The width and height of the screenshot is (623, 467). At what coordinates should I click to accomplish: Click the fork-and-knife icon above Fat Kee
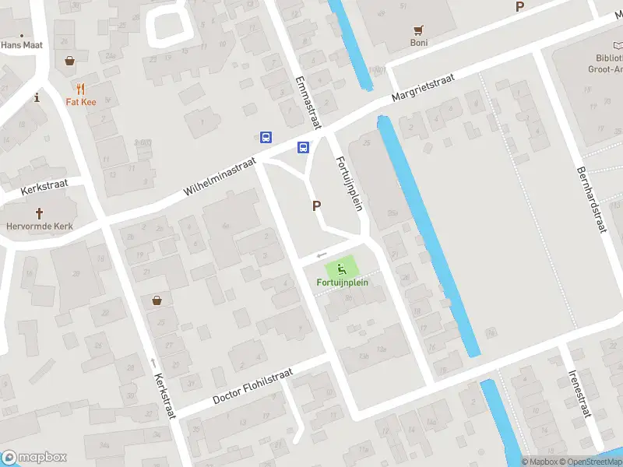tap(80, 88)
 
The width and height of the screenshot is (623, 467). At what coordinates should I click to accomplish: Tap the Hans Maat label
tap(21, 45)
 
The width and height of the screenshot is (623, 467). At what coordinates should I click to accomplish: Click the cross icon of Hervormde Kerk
tap(39, 213)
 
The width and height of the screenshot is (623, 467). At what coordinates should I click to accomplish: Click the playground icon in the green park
tap(342, 269)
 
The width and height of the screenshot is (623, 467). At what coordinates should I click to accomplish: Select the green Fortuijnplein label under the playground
tap(342, 283)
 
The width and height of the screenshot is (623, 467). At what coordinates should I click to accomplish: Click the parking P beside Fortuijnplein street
tap(316, 206)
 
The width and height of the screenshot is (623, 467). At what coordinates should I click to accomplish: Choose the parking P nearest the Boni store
tap(519, 7)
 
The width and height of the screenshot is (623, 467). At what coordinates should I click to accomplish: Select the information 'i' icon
tap(37, 97)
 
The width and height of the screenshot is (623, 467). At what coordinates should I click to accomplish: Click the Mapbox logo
tap(33, 458)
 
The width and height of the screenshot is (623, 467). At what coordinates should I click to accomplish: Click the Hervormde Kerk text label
tap(40, 226)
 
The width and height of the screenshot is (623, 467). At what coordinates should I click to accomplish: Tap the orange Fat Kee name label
tap(80, 101)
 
